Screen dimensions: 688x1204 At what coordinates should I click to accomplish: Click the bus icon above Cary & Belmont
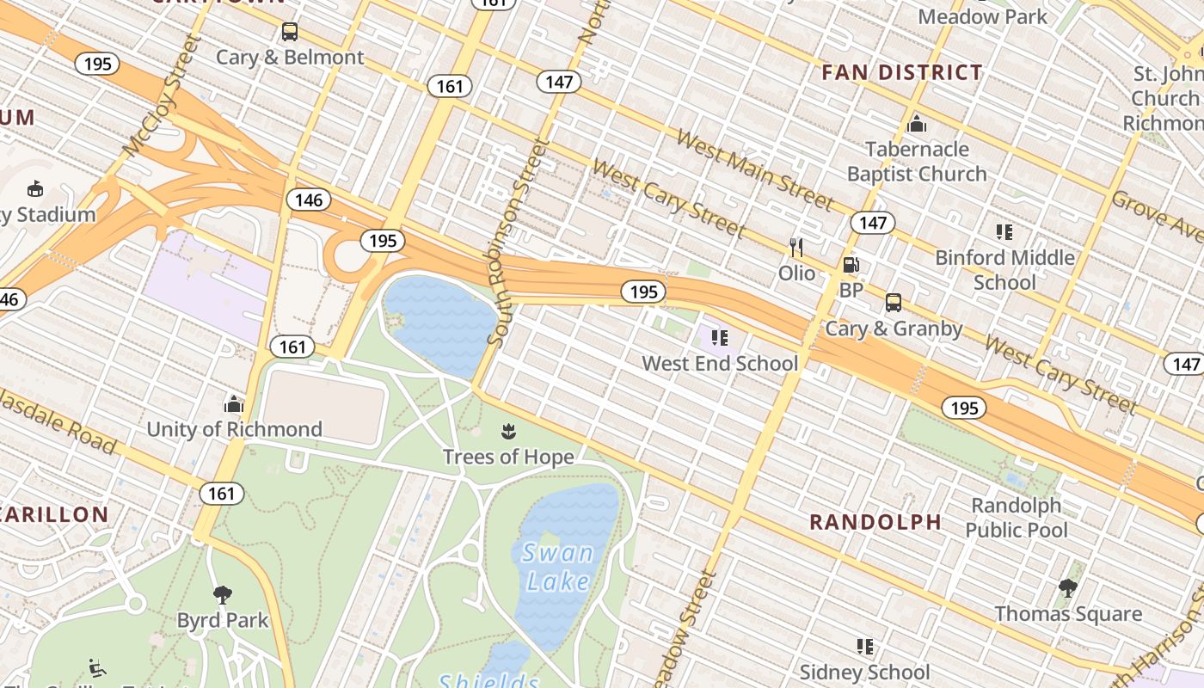pyautogui.click(x=290, y=32)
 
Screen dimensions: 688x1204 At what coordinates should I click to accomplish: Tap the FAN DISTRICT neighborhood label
pyautogui.click(x=901, y=73)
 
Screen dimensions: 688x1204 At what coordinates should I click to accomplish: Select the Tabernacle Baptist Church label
pyautogui.click(x=917, y=162)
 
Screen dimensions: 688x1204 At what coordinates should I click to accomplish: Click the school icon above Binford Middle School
pyautogui.click(x=1004, y=231)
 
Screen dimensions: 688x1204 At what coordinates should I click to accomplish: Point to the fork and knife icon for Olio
pyautogui.click(x=796, y=248)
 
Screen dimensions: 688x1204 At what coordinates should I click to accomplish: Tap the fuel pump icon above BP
pyautogui.click(x=851, y=266)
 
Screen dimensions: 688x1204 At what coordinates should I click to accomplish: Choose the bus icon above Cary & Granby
pyautogui.click(x=894, y=303)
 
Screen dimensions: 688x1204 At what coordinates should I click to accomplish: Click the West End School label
pyautogui.click(x=720, y=363)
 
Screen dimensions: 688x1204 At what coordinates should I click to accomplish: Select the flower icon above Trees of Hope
pyautogui.click(x=507, y=431)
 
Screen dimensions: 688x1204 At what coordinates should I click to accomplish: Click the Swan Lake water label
pyautogui.click(x=557, y=568)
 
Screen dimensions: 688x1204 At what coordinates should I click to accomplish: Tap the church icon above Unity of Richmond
pyautogui.click(x=234, y=403)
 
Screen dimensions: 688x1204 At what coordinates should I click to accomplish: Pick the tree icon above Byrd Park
pyautogui.click(x=223, y=594)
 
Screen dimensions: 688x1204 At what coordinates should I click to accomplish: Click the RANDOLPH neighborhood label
pyautogui.click(x=875, y=522)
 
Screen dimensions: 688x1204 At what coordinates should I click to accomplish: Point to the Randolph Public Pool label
pyautogui.click(x=1016, y=517)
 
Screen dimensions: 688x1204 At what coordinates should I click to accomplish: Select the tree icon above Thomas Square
pyautogui.click(x=1068, y=588)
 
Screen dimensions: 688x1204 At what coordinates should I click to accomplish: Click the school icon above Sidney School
pyautogui.click(x=864, y=646)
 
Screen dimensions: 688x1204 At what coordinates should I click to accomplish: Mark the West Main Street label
pyautogui.click(x=754, y=169)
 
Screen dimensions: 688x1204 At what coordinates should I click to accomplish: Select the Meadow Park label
pyautogui.click(x=983, y=16)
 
